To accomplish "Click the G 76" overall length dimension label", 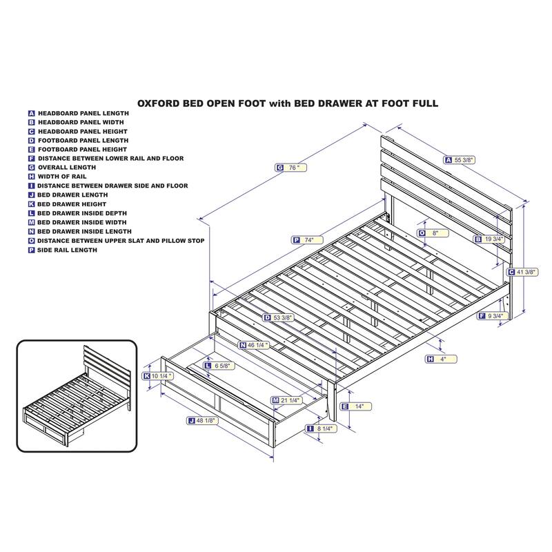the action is pyautogui.click(x=290, y=168).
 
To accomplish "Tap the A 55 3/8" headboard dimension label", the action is pyautogui.click(x=459, y=160).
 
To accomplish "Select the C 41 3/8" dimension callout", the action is pyautogui.click(x=522, y=272).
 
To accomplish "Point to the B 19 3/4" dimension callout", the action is pyautogui.click(x=489, y=239).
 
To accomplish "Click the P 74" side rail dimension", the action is pyautogui.click(x=307, y=240).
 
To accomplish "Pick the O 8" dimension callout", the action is pyautogui.click(x=433, y=233).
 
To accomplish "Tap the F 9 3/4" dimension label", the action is pyautogui.click(x=493, y=316).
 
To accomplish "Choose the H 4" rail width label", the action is pyautogui.click(x=441, y=359).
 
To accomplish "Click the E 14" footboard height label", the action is pyautogui.click(x=356, y=406).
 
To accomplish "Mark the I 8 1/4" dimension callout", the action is pyautogui.click(x=321, y=428).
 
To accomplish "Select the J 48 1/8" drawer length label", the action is pyautogui.click(x=202, y=421).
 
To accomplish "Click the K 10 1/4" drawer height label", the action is pyautogui.click(x=158, y=376).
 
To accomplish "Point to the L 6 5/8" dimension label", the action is pyautogui.click(x=219, y=366).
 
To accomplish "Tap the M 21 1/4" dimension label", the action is pyautogui.click(x=286, y=400).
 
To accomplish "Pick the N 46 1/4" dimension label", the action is pyautogui.click(x=254, y=346).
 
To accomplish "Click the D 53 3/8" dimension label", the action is pyautogui.click(x=279, y=317).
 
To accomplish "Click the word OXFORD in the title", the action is pyautogui.click(x=158, y=103).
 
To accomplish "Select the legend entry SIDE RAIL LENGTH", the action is pyautogui.click(x=67, y=250).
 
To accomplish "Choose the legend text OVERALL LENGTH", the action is pyautogui.click(x=67, y=168).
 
